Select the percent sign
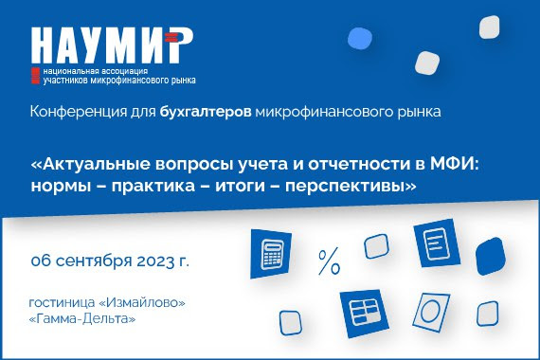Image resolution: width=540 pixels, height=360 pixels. point(329,261)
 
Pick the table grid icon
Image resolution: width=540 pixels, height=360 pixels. point(363,310)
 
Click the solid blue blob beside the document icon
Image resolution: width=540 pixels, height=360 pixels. point(491,254)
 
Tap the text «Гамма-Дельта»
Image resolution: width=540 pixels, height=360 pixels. point(82,319)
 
